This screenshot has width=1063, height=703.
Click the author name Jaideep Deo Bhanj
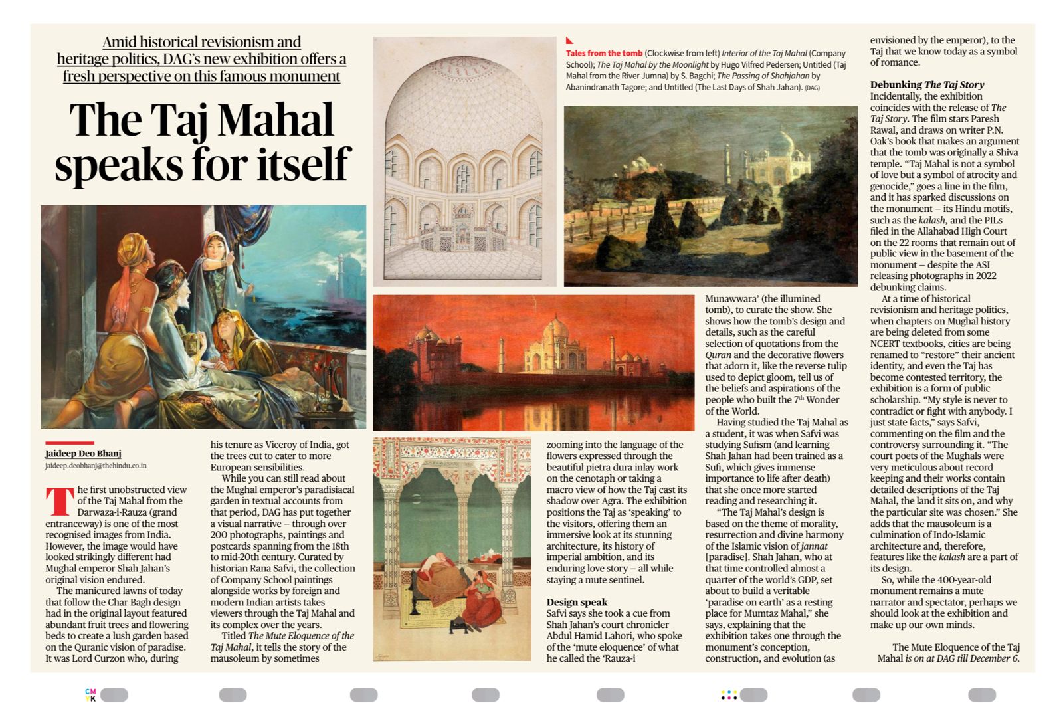[83, 454]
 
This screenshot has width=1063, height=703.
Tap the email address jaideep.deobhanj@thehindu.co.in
[96, 466]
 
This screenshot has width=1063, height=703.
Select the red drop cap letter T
[59, 502]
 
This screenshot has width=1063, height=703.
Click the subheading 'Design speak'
[577, 602]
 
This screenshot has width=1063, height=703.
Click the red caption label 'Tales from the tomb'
[604, 53]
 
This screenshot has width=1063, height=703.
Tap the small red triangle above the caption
[569, 41]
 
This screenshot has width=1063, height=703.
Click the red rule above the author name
[69, 443]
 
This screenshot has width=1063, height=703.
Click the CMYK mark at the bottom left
[90, 694]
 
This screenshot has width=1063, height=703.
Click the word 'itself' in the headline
[306, 163]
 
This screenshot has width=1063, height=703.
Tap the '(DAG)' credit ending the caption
[812, 88]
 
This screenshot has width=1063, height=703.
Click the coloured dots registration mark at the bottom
[729, 695]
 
